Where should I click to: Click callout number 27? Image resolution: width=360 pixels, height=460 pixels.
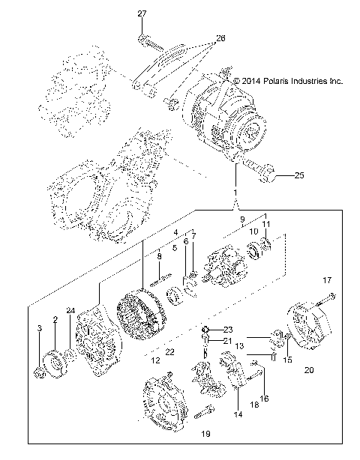tap(142, 14)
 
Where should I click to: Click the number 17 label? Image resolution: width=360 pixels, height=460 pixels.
tap(326, 280)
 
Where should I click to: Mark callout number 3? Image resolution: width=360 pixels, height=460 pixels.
tap(39, 329)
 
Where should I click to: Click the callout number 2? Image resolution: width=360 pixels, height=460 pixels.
tap(54, 320)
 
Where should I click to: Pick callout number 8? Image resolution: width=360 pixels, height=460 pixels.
tap(159, 257)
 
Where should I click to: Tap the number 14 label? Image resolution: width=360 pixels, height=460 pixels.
tap(239, 413)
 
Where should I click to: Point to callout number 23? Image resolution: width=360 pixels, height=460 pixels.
tap(229, 330)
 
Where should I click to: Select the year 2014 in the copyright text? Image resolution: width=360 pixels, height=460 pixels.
tap(248, 81)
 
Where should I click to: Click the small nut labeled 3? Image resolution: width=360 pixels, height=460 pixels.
tap(40, 371)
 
